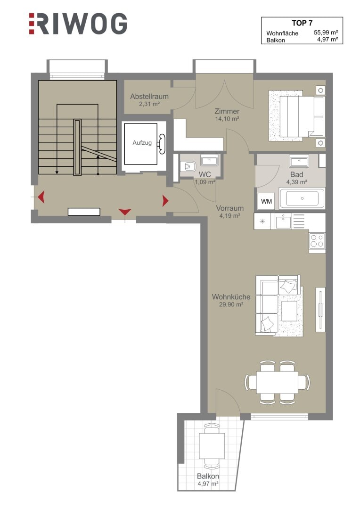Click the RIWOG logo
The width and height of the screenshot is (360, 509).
(78, 24)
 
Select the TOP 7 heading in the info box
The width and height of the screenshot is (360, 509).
(302, 23)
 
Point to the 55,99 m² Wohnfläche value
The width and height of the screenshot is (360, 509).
(326, 33)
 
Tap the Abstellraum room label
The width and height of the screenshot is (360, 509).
(149, 97)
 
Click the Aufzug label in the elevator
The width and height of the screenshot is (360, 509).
(142, 142)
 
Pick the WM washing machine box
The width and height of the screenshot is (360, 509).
(266, 201)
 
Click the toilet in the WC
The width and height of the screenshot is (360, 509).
(188, 166)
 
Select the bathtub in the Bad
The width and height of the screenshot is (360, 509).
(302, 198)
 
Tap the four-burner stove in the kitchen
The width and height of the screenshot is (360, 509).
(317, 241)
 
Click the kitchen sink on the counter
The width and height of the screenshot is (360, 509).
(283, 222)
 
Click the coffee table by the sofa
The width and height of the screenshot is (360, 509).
(289, 311)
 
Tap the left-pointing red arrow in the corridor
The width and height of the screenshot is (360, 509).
(41, 197)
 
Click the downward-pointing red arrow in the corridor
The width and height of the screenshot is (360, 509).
(125, 212)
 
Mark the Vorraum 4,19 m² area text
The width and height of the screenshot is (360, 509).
(230, 212)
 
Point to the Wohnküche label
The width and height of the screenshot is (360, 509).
(231, 297)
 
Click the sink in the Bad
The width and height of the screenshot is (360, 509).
(299, 161)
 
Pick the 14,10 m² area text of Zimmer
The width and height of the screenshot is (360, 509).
(227, 119)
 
